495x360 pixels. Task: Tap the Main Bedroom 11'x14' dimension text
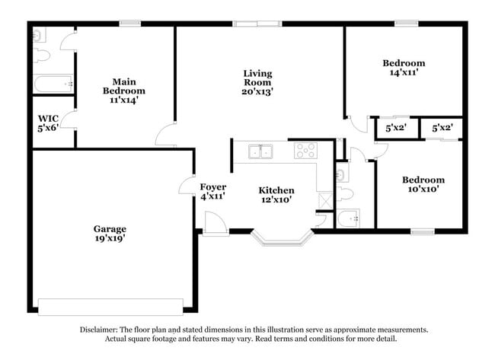click(124, 99)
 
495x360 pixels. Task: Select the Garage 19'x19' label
click(110, 233)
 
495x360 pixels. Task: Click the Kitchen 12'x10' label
click(276, 195)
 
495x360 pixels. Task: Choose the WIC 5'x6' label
click(48, 123)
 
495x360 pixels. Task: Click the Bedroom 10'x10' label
click(423, 184)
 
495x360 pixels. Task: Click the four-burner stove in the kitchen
click(305, 151)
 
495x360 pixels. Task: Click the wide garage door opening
click(110, 306)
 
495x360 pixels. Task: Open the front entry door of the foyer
click(214, 223)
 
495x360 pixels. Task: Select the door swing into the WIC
click(69, 119)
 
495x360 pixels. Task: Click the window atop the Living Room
click(257, 24)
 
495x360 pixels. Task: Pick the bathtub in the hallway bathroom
click(353, 219)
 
